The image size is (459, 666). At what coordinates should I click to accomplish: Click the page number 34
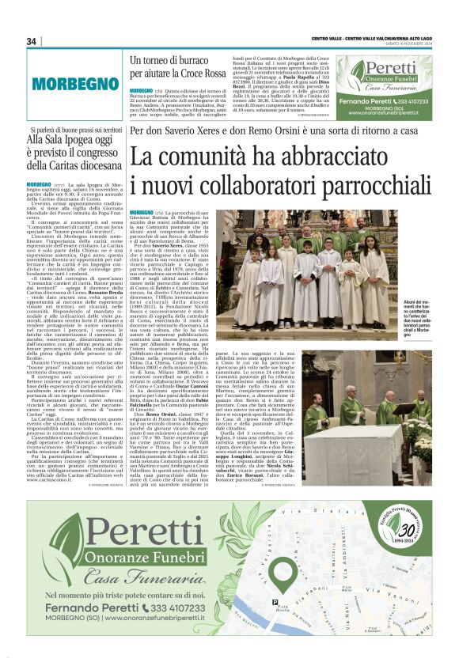32,41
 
